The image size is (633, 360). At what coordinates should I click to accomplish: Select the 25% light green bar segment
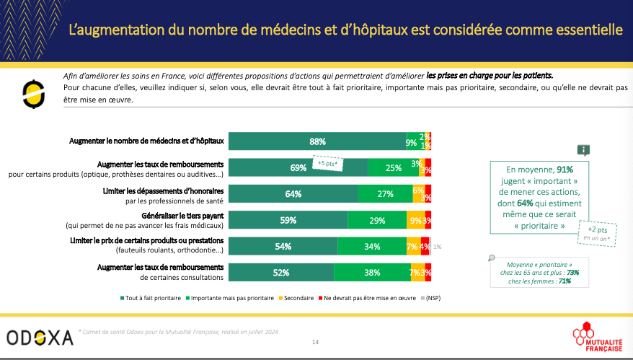pos(394,168)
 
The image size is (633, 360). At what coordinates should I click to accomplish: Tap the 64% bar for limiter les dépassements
pos(293,194)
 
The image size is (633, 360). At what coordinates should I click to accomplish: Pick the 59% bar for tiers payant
pos(288,221)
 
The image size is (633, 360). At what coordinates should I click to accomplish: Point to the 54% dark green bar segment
pos(282,247)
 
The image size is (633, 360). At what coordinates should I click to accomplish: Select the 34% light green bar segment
pos(373,247)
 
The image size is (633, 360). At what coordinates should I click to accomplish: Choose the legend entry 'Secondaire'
pos(292,297)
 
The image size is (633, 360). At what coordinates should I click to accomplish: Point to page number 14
pos(315,341)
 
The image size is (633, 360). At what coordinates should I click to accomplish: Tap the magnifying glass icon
pos(491,258)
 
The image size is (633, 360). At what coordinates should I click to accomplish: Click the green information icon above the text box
pos(583,149)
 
